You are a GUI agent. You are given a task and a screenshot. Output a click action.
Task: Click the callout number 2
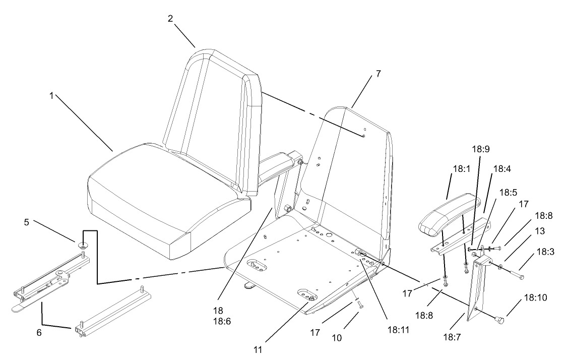(171, 19)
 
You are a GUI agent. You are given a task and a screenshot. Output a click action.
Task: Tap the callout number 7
(378, 73)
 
